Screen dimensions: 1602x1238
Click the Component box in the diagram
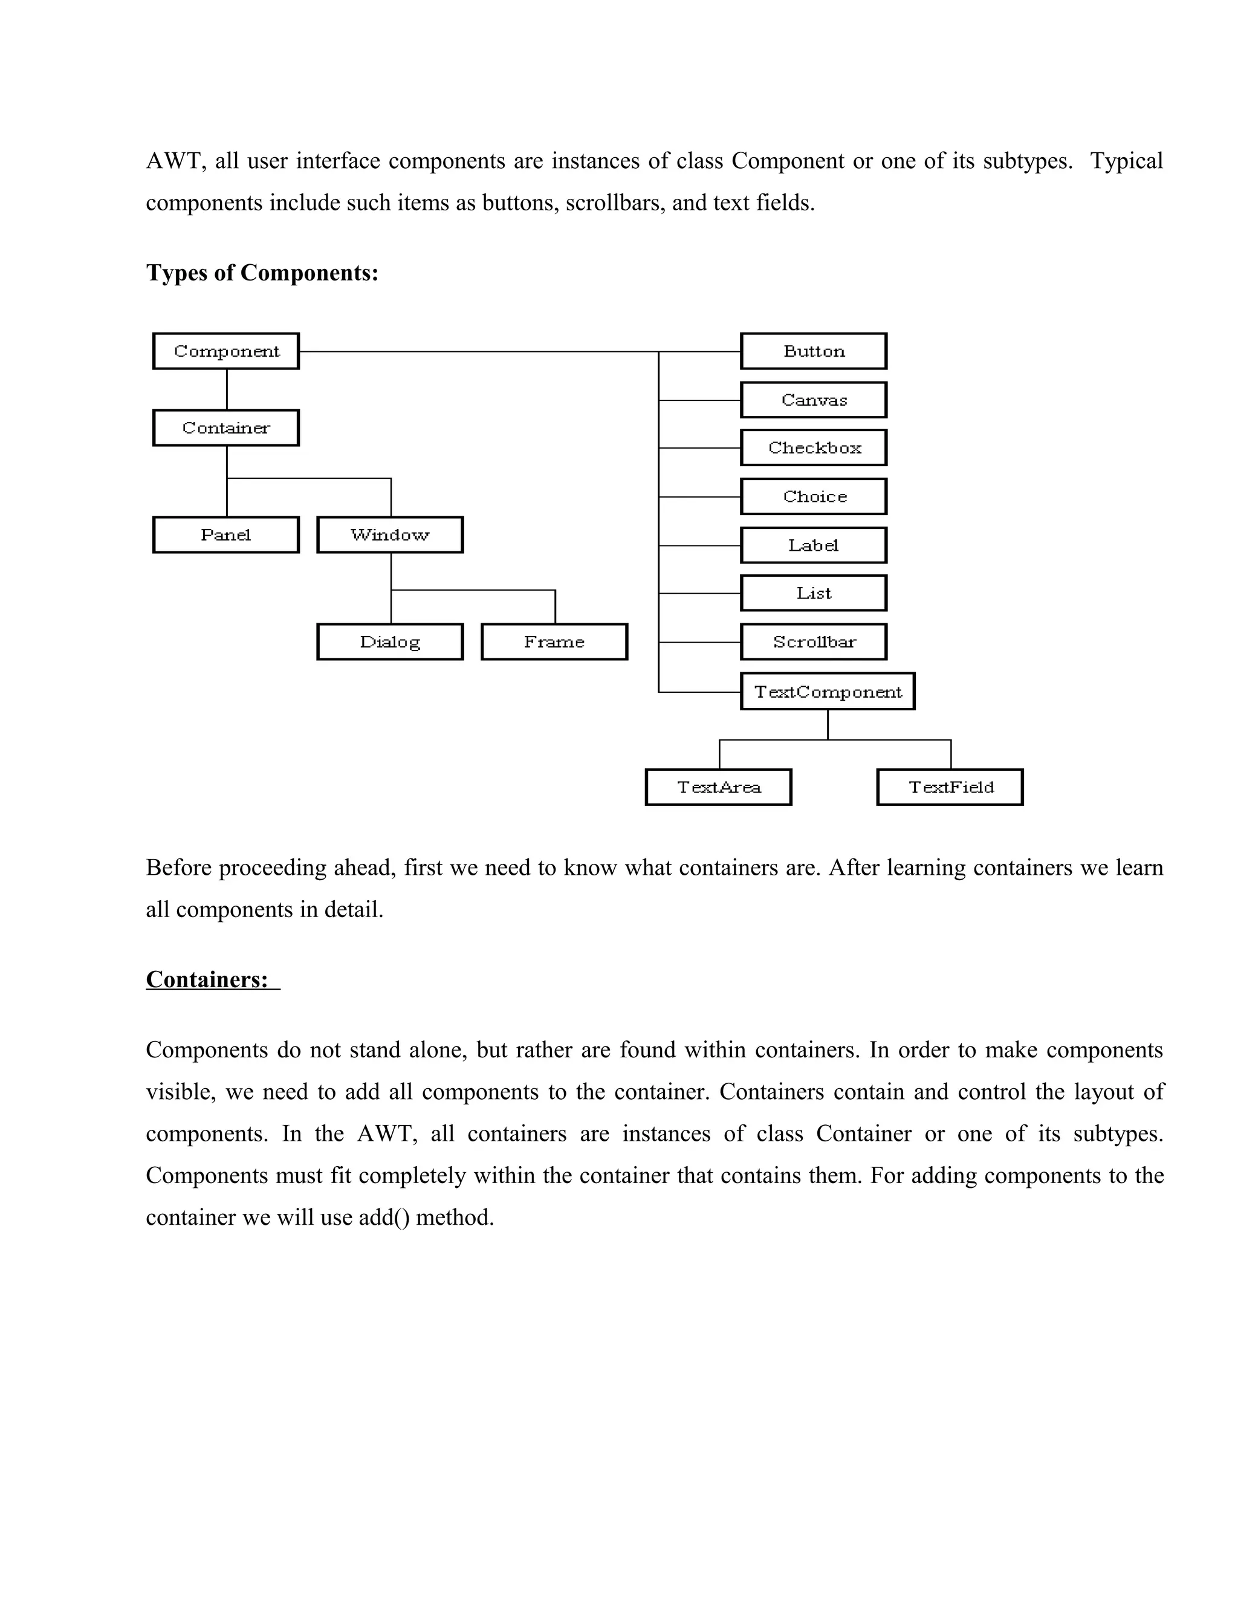point(226,351)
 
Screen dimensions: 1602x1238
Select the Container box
point(226,427)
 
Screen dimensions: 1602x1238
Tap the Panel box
point(226,535)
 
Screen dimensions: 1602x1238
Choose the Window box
point(390,535)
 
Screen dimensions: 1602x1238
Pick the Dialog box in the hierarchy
point(390,642)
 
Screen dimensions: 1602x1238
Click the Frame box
point(554,642)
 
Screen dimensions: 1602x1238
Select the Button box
point(814,351)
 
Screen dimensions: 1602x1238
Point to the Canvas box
point(814,400)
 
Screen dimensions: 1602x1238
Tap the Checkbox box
point(814,447)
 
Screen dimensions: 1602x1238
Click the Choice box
point(814,496)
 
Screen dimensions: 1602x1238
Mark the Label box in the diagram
point(814,545)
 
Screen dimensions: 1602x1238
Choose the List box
point(814,592)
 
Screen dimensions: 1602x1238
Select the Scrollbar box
point(814,642)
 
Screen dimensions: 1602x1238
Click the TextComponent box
point(828,692)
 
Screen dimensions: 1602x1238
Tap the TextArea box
point(719,787)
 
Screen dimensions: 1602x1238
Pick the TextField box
point(950,787)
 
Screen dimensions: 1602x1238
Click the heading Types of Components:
point(262,273)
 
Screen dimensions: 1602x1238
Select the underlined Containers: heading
point(207,979)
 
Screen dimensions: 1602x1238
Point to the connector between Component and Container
point(227,389)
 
